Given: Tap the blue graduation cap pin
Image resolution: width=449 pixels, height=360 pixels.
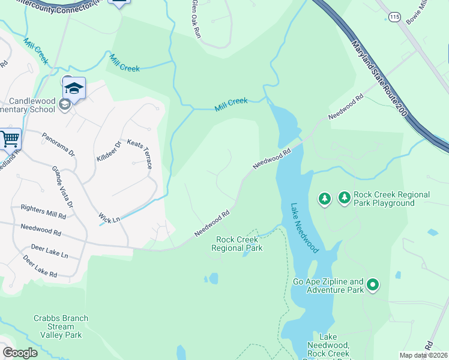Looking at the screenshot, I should click(74, 89).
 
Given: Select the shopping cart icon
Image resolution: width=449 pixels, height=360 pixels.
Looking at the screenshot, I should click(10, 139).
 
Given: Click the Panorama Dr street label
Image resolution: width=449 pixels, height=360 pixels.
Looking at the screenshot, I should click(58, 145).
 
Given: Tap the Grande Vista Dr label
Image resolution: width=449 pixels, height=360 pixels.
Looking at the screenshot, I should click(62, 187).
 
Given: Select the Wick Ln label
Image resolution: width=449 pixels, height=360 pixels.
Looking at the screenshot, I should click(109, 217).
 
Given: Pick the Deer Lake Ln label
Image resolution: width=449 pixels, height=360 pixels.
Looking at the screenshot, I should click(49, 251).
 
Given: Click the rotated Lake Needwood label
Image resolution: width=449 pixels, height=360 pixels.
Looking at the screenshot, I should click(304, 227).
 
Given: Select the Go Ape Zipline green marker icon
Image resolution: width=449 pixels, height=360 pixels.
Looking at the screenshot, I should click(373, 284).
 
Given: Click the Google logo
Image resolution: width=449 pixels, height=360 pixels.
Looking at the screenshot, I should click(20, 353).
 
